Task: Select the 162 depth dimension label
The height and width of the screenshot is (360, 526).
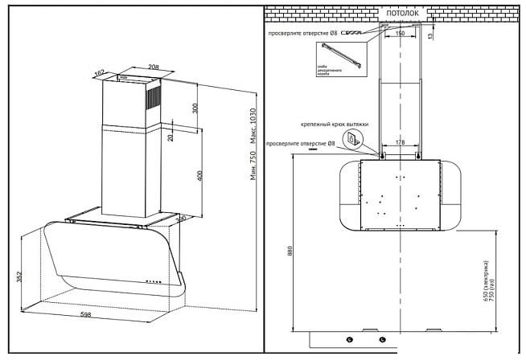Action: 101,72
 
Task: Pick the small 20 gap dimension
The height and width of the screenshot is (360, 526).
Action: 169,137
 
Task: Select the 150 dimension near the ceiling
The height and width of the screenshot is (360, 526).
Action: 400,34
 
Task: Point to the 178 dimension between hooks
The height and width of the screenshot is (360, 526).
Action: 400,143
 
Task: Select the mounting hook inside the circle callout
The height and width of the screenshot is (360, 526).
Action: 351,139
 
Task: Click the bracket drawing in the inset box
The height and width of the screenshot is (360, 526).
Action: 335,59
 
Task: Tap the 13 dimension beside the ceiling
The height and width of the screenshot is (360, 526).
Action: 430,35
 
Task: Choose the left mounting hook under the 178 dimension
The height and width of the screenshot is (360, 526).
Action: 383,153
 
